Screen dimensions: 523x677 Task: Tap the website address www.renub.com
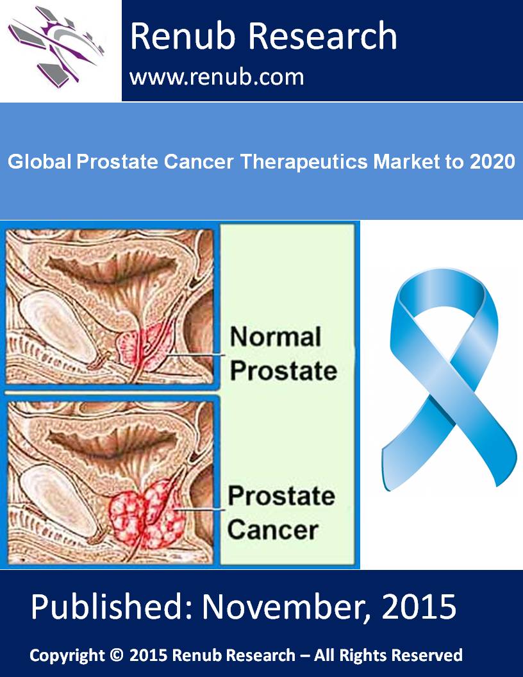(x=217, y=78)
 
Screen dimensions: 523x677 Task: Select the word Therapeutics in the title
(x=304, y=162)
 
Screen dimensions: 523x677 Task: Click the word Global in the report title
(x=40, y=162)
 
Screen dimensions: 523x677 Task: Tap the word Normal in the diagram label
(x=276, y=337)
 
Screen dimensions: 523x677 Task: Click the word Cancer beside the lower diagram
(x=273, y=530)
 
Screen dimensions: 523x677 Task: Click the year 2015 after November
(x=419, y=606)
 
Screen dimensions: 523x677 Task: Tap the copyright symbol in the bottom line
(x=117, y=655)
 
